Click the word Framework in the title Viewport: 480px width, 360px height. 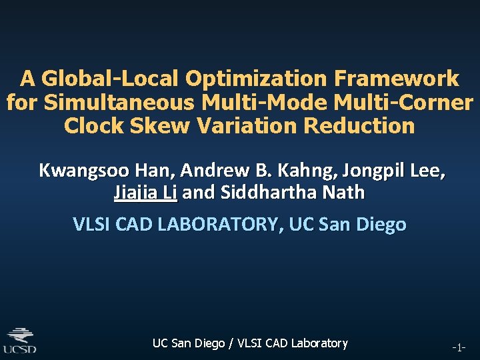(397, 79)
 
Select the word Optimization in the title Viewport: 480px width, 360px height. (255, 79)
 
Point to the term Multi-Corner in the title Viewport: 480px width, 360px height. (405, 103)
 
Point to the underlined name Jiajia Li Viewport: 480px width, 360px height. (145, 193)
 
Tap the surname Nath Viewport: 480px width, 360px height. (345, 193)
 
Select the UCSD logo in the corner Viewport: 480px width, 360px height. (20, 339)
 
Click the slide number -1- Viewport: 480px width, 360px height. (459, 347)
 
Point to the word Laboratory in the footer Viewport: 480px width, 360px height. (317, 343)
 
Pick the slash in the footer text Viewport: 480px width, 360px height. (231, 343)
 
